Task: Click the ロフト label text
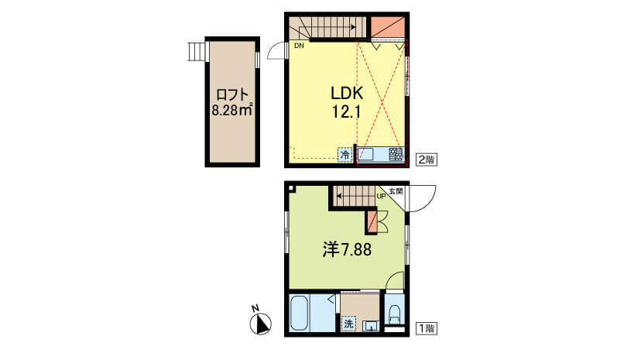[x=232, y=94]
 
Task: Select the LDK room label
[x=347, y=94]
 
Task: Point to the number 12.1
[x=346, y=111]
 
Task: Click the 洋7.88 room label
[x=347, y=249]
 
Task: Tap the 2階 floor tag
[x=426, y=159]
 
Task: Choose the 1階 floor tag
[x=426, y=328]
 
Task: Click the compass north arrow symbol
[x=260, y=323]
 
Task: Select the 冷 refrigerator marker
[x=345, y=155]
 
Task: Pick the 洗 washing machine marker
[x=348, y=324]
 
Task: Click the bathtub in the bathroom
[x=299, y=313]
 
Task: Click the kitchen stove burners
[x=396, y=155]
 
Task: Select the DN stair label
[x=299, y=46]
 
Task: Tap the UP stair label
[x=381, y=196]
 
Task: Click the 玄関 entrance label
[x=396, y=190]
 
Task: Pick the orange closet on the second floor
[x=388, y=27]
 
